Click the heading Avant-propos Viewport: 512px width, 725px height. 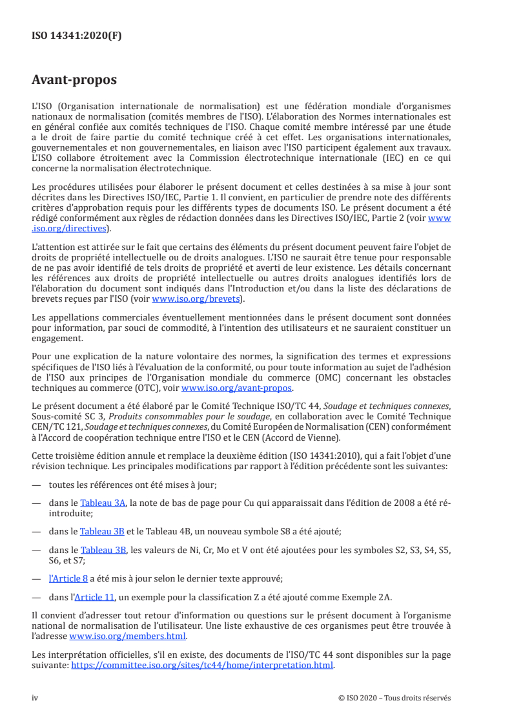[74, 81]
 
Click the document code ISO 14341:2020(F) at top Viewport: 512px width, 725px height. [77, 36]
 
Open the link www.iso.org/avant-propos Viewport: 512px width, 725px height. [237, 388]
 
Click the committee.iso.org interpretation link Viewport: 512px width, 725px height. [202, 664]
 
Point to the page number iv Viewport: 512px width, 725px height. [36, 698]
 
